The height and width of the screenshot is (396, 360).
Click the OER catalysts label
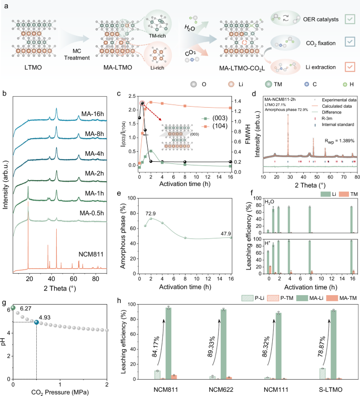(x=317, y=18)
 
